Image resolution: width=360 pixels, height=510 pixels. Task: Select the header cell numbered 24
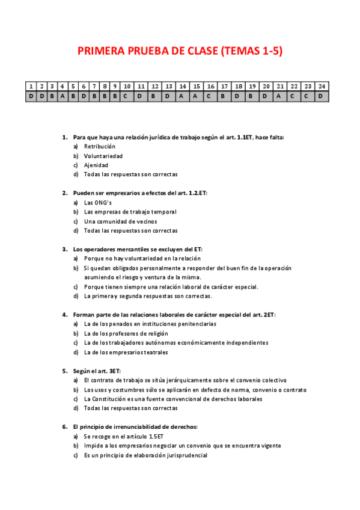pyautogui.click(x=322, y=86)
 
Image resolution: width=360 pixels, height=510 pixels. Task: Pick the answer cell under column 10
pyautogui.click(x=127, y=96)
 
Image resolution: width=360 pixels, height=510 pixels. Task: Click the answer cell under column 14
pyautogui.click(x=183, y=96)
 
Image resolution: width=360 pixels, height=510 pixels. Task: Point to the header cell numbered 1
pyautogui.click(x=31, y=86)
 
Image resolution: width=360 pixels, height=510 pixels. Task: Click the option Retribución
pyautogui.click(x=100, y=147)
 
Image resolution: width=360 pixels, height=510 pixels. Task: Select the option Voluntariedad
pyautogui.click(x=103, y=156)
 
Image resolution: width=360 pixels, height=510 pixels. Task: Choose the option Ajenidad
pyautogui.click(x=96, y=165)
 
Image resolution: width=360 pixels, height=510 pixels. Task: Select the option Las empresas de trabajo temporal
pyautogui.click(x=130, y=212)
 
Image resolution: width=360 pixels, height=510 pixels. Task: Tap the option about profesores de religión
pyautogui.click(x=126, y=333)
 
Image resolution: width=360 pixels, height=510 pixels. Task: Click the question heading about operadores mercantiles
pyautogui.click(x=138, y=249)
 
